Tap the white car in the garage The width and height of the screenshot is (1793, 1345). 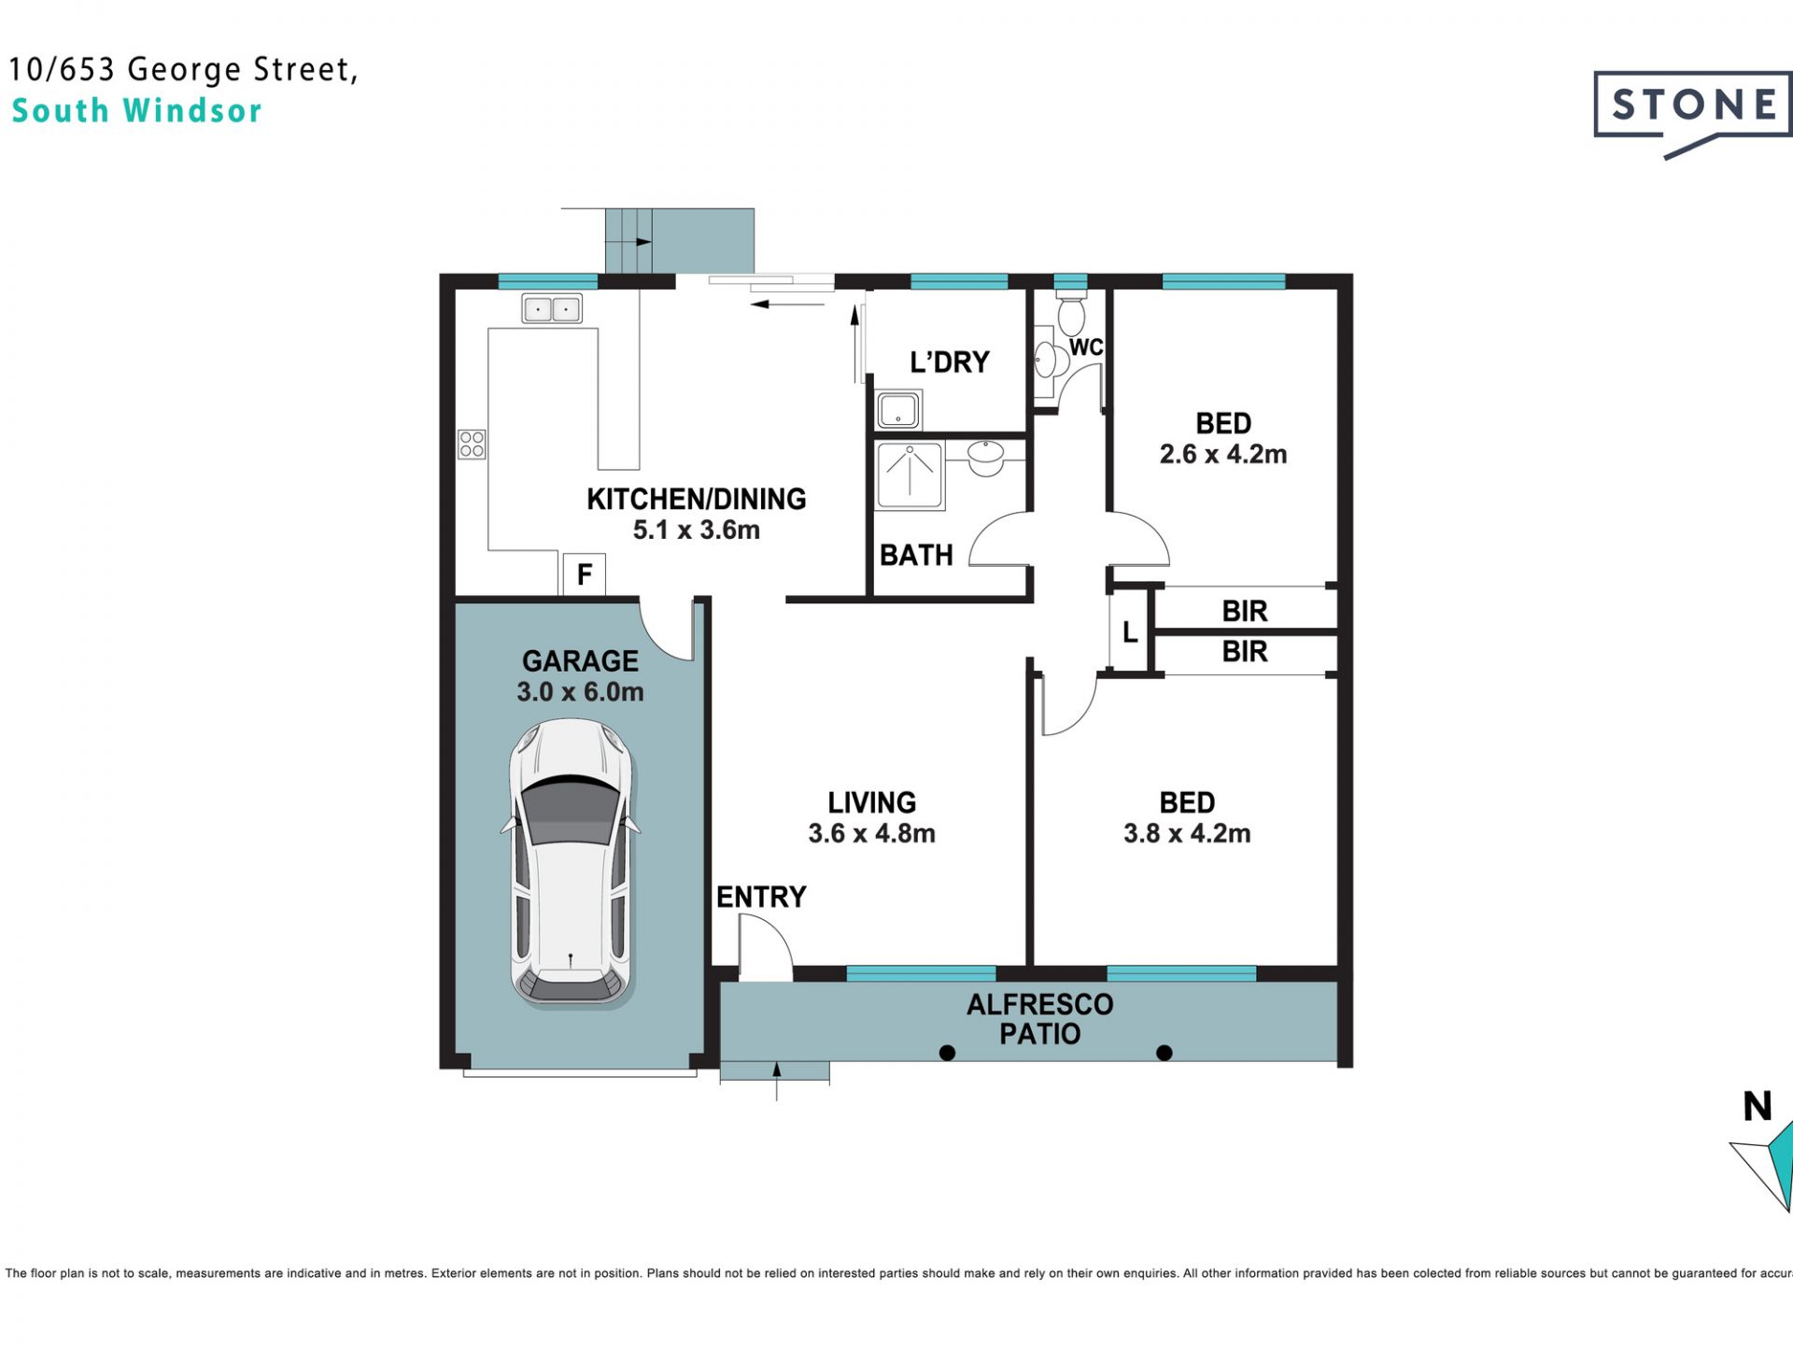tap(571, 863)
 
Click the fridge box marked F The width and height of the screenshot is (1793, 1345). tap(584, 573)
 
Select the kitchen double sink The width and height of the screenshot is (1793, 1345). tap(552, 308)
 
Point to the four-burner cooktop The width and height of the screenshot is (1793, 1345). tap(472, 444)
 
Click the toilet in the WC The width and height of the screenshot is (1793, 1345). tap(1070, 315)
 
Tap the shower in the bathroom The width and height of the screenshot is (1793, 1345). tap(910, 475)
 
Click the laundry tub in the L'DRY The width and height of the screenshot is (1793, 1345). tap(897, 410)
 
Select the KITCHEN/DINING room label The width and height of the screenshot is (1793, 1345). tap(696, 499)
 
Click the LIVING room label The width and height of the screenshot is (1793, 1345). tap(871, 802)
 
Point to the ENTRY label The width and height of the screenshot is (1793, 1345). tap(761, 897)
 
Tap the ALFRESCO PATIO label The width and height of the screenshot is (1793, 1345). tap(1039, 1019)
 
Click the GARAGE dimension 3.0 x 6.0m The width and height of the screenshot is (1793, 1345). tap(580, 692)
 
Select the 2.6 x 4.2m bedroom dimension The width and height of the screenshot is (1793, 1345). tap(1223, 454)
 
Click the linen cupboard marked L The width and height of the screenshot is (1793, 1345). tap(1130, 632)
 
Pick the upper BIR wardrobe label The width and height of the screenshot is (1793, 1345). tap(1245, 611)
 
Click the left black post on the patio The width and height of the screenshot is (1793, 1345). tap(947, 1053)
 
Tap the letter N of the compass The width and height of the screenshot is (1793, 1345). tap(1758, 1107)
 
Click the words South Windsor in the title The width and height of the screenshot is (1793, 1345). tap(136, 111)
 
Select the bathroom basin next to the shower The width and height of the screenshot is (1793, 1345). tap(985, 456)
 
